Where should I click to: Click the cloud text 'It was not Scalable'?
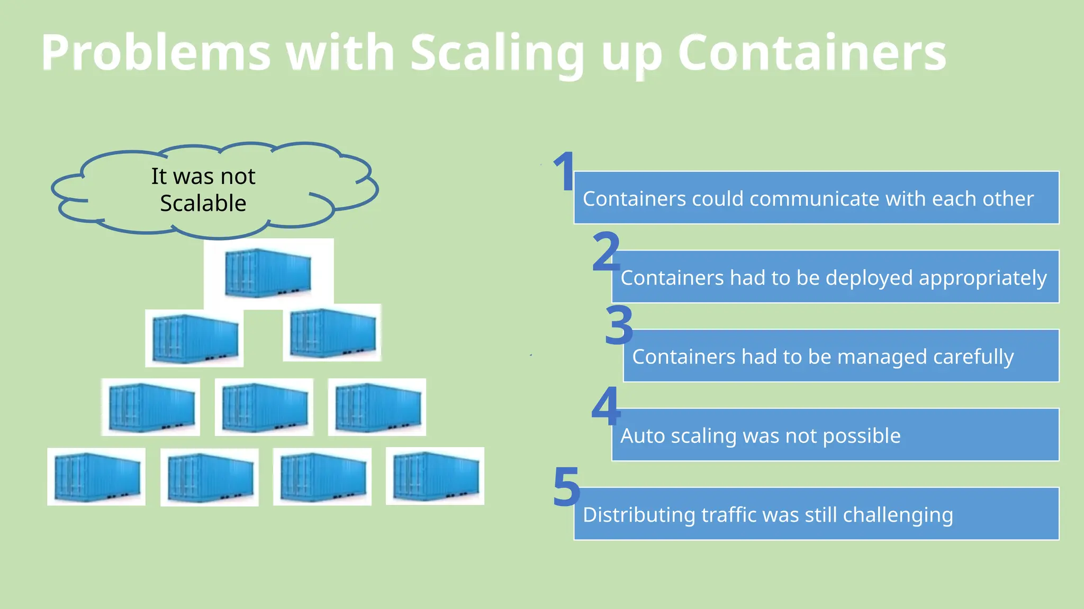point(203,189)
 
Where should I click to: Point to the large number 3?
point(618,325)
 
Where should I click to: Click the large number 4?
point(606,405)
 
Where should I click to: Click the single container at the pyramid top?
point(268,273)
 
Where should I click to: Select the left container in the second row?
point(194,338)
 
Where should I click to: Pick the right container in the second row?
point(332,333)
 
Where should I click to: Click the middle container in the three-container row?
point(264,407)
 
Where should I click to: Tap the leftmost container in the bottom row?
point(96,477)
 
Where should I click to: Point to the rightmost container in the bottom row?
point(435,476)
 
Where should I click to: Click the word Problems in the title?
point(156,53)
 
